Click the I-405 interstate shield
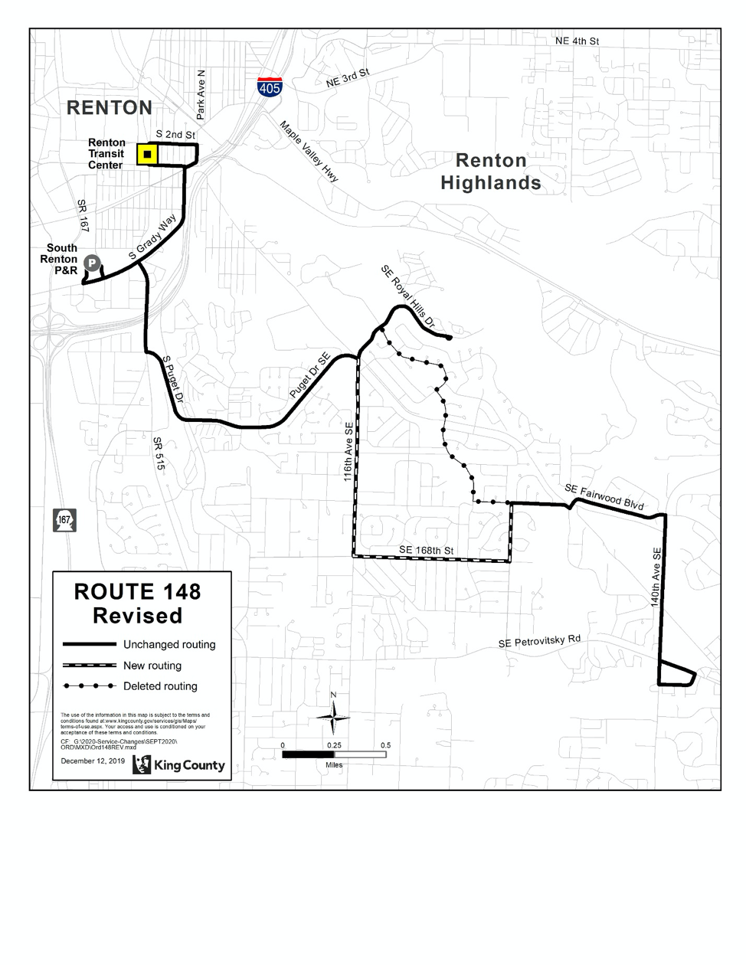point(270,86)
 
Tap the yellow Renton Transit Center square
point(146,155)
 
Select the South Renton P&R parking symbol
point(91,263)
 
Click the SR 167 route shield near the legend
point(64,520)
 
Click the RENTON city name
point(110,108)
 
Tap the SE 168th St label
point(426,551)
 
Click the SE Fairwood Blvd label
point(604,497)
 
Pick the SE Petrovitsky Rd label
point(539,641)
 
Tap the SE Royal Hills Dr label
point(407,298)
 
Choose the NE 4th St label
point(577,41)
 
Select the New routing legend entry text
point(152,666)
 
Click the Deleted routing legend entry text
point(160,686)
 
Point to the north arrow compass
point(333,716)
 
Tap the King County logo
point(179,764)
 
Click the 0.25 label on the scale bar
point(334,745)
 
